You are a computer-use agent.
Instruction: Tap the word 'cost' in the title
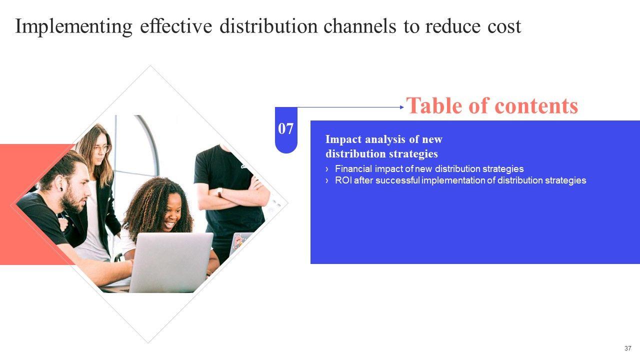click(x=503, y=26)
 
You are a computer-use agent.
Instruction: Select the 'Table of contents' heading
click(x=492, y=106)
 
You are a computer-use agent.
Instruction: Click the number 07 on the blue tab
click(x=286, y=129)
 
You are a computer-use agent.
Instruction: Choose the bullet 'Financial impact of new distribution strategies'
click(x=429, y=169)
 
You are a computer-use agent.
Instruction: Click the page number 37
click(x=627, y=348)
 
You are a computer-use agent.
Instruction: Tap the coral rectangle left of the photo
click(x=30, y=210)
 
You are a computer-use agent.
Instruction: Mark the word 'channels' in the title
click(x=358, y=26)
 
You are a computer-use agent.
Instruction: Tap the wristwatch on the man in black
click(x=220, y=192)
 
